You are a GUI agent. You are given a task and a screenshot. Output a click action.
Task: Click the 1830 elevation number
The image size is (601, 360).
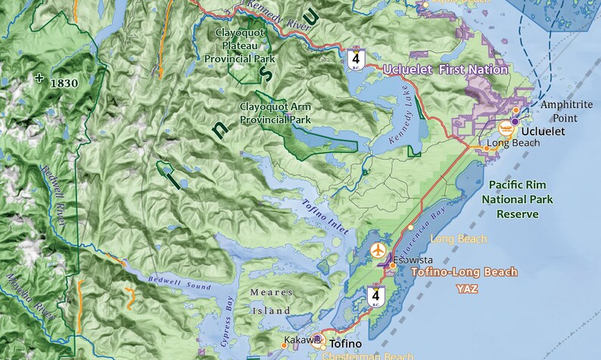tap(64, 83)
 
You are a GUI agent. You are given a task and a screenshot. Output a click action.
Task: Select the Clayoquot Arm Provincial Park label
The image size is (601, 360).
tap(275, 113)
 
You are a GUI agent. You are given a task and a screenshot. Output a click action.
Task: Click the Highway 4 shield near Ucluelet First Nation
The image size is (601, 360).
tap(354, 59)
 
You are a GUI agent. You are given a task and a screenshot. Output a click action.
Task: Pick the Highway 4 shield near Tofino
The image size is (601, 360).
tap(376, 296)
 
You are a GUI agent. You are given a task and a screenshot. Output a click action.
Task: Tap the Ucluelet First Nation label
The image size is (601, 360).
tap(446, 70)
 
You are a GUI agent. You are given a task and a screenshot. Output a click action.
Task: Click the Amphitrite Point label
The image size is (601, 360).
tap(566, 110)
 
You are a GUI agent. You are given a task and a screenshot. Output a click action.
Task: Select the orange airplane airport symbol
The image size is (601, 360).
tap(378, 249)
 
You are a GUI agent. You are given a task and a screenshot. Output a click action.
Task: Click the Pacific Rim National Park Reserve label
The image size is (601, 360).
tap(521, 199)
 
